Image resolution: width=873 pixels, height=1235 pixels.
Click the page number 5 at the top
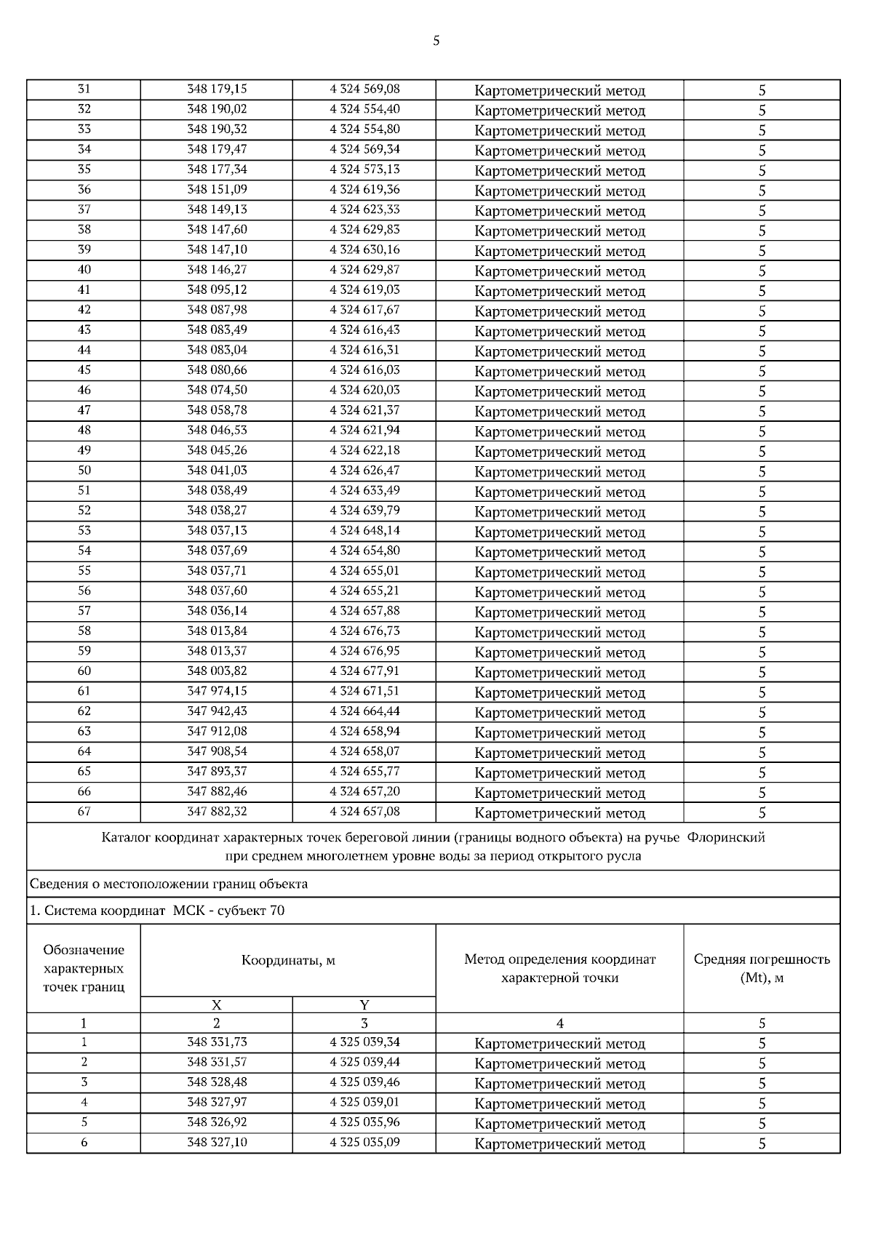436,41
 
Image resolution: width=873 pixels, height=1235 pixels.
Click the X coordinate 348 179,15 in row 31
217,89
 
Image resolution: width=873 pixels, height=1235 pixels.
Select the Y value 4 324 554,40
364,109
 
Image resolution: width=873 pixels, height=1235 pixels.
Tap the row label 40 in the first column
84,270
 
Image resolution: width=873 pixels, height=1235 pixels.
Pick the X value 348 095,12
217,289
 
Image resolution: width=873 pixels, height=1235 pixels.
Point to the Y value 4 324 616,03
364,369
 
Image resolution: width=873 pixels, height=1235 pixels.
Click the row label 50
84,471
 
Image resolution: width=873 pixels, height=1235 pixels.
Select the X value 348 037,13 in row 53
217,530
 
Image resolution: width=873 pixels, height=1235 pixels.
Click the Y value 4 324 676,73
364,631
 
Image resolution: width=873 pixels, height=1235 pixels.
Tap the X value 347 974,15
217,691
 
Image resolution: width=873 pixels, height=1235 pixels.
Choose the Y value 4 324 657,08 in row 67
364,811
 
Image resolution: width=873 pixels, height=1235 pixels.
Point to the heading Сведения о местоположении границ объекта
169,884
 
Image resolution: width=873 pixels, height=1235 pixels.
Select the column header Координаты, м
288,960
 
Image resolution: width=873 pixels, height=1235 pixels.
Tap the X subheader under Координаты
216,1005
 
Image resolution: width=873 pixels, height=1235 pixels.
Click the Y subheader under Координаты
364,1005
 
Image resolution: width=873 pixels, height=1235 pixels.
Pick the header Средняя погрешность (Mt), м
762,968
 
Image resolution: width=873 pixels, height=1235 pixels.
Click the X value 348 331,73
217,1042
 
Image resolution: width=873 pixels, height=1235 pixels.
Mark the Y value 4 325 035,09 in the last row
364,1143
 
